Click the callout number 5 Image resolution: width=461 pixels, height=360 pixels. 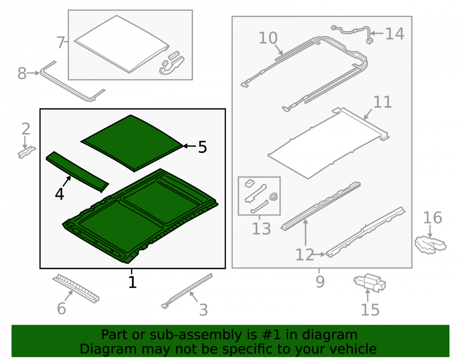tap(202, 147)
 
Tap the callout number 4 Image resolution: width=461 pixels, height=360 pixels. tap(59, 194)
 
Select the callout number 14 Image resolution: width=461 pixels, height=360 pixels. tap(395, 34)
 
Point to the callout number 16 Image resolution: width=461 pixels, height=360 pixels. tap(432, 218)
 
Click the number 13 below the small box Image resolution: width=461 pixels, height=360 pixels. tap(261, 229)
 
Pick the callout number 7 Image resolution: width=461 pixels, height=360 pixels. tap(60, 42)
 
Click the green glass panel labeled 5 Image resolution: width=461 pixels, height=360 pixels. tap(131, 142)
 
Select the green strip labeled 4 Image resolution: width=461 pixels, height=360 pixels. tap(77, 171)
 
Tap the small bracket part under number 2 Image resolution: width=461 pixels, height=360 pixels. tap(26, 152)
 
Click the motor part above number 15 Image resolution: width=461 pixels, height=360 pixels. tap(370, 283)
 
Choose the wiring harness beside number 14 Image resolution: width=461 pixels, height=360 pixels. tap(352, 32)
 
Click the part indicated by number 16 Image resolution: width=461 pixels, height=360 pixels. tap(430, 244)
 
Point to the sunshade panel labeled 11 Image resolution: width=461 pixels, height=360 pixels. tap(328, 143)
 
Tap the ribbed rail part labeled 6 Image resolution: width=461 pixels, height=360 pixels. tap(76, 289)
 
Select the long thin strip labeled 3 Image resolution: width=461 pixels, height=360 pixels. tap(187, 291)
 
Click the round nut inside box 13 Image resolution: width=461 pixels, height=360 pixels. tap(274, 197)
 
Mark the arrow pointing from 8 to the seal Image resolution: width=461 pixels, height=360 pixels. tap(33, 73)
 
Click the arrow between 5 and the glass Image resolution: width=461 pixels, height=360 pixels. tap(190, 146)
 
